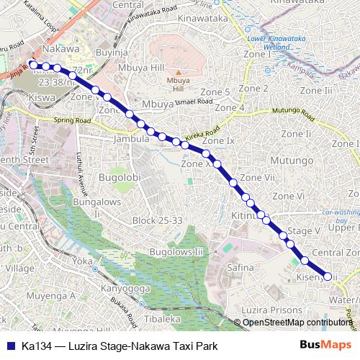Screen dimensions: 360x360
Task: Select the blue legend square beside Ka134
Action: tap(9, 346)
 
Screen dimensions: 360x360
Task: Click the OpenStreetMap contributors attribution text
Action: tap(297, 322)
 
